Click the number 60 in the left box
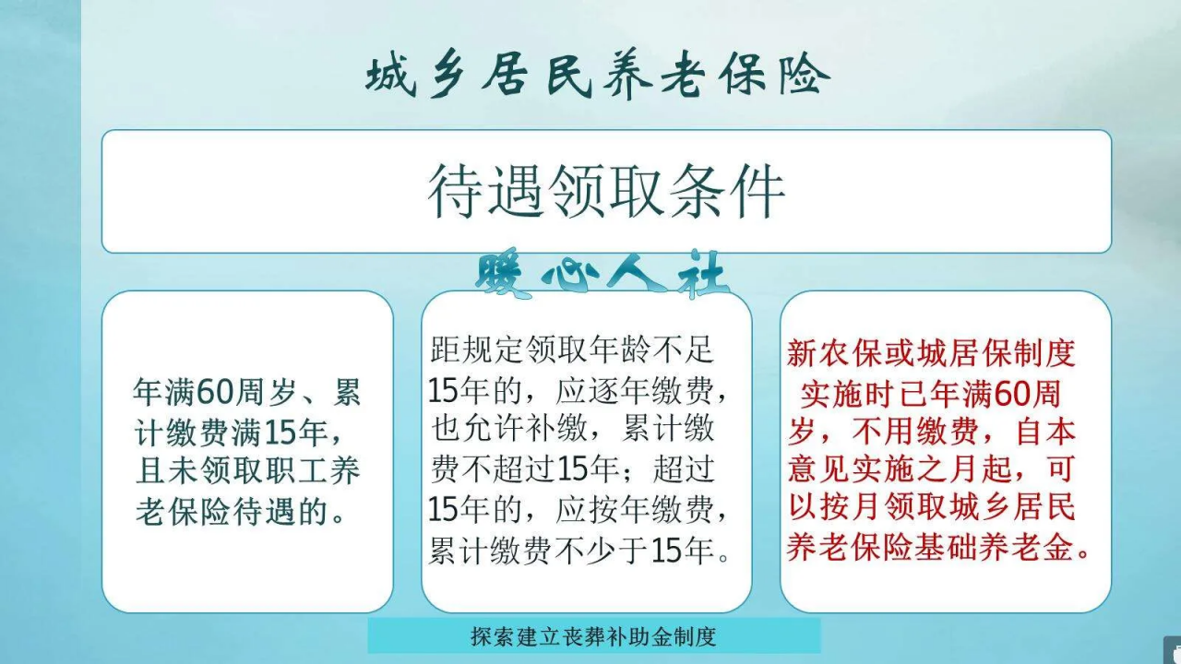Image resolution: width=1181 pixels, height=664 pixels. coord(217,394)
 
